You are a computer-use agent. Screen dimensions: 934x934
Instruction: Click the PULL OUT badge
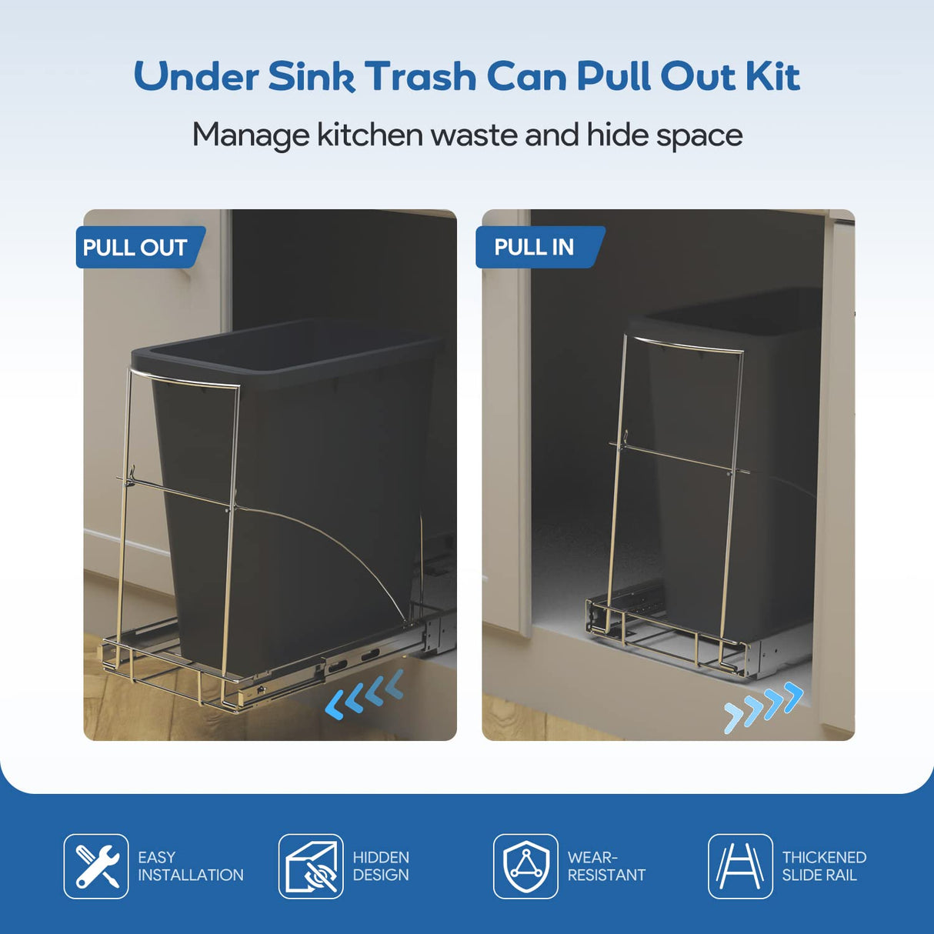pyautogui.click(x=136, y=248)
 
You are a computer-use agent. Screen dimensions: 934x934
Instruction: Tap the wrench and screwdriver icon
pyautogui.click(x=96, y=866)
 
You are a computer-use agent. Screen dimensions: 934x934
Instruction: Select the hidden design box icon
pyautogui.click(x=311, y=866)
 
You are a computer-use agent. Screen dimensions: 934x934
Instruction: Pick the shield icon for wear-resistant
pyautogui.click(x=525, y=866)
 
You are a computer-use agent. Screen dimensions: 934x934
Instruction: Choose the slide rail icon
pyautogui.click(x=740, y=866)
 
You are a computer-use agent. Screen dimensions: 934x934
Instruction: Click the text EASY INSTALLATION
pyautogui.click(x=190, y=866)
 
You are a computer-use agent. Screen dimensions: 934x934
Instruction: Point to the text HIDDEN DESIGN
pyautogui.click(x=381, y=866)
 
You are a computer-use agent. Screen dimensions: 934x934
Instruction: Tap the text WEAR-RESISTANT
pyautogui.click(x=606, y=866)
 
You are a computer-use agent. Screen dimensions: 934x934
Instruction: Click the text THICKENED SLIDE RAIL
pyautogui.click(x=824, y=866)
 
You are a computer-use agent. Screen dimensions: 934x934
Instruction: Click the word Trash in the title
pyautogui.click(x=421, y=77)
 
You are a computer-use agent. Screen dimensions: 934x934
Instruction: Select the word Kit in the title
pyautogui.click(x=772, y=77)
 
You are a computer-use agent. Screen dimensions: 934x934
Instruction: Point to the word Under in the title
pyautogui.click(x=196, y=77)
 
